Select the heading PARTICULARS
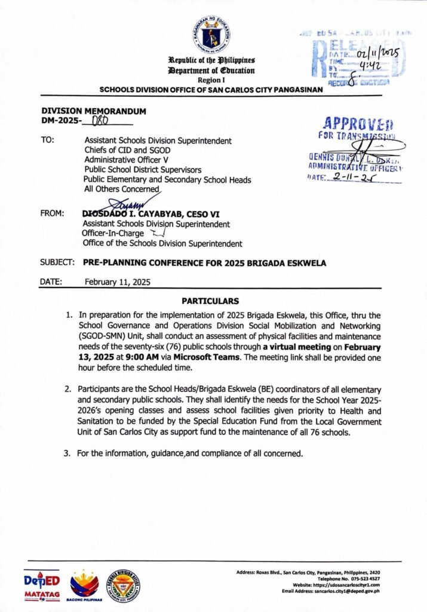pyautogui.click(x=214, y=301)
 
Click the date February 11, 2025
pyautogui.click(x=118, y=281)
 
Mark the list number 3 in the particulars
pyautogui.click(x=67, y=452)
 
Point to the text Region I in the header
pyautogui.click(x=213, y=79)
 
